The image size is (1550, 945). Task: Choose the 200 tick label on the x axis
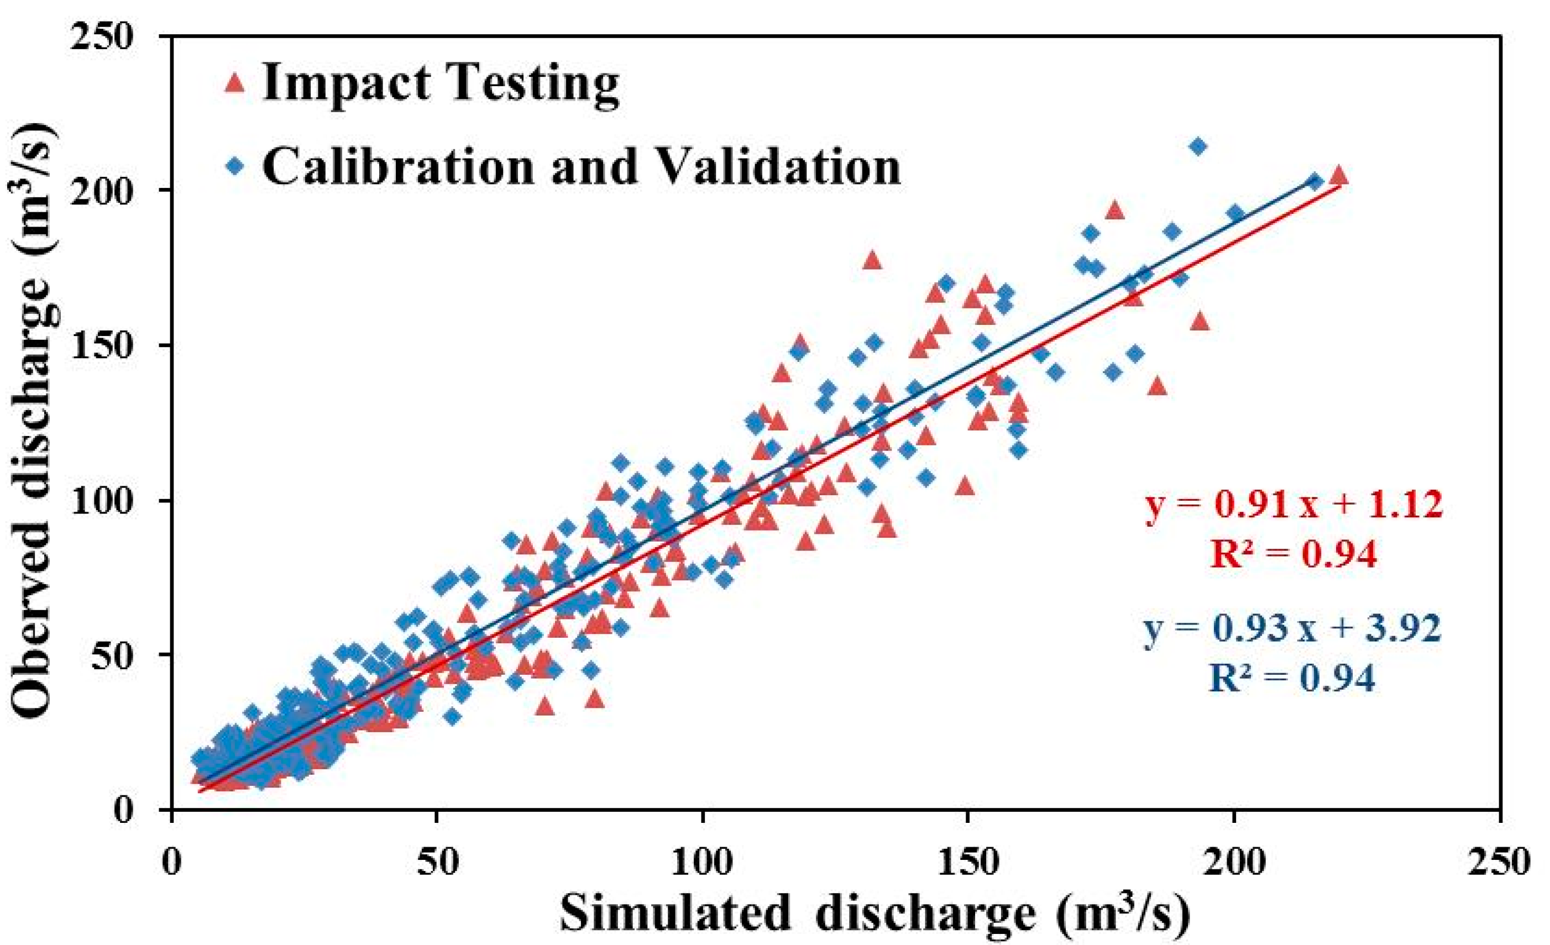coord(1234,863)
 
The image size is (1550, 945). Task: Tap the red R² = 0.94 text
coord(1294,554)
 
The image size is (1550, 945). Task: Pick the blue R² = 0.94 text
coord(1291,678)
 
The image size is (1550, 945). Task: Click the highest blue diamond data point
coord(1198,146)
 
